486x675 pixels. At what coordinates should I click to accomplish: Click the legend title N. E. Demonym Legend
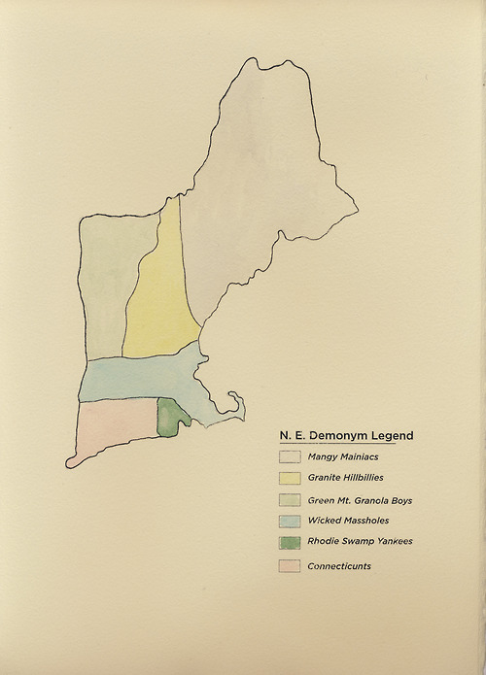tap(346, 435)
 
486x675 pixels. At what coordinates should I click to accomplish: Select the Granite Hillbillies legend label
tap(345, 478)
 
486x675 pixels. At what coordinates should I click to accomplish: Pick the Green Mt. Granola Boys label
tap(360, 500)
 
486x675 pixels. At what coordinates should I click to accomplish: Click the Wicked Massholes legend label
tap(347, 522)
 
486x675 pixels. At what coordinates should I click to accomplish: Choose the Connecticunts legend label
tap(339, 566)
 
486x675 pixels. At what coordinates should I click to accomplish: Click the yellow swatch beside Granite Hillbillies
tap(289, 478)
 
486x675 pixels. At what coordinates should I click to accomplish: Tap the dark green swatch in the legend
tap(289, 543)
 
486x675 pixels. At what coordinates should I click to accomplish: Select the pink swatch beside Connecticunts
tap(289, 566)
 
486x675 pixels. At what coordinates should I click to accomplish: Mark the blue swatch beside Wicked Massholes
tap(289, 522)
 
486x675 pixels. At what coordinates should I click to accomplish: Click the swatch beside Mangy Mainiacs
tap(289, 456)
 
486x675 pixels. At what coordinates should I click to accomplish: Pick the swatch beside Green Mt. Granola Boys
tap(289, 500)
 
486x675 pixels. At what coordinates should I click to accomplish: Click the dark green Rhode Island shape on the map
tap(170, 419)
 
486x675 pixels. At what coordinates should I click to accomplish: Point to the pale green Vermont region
tap(104, 282)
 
